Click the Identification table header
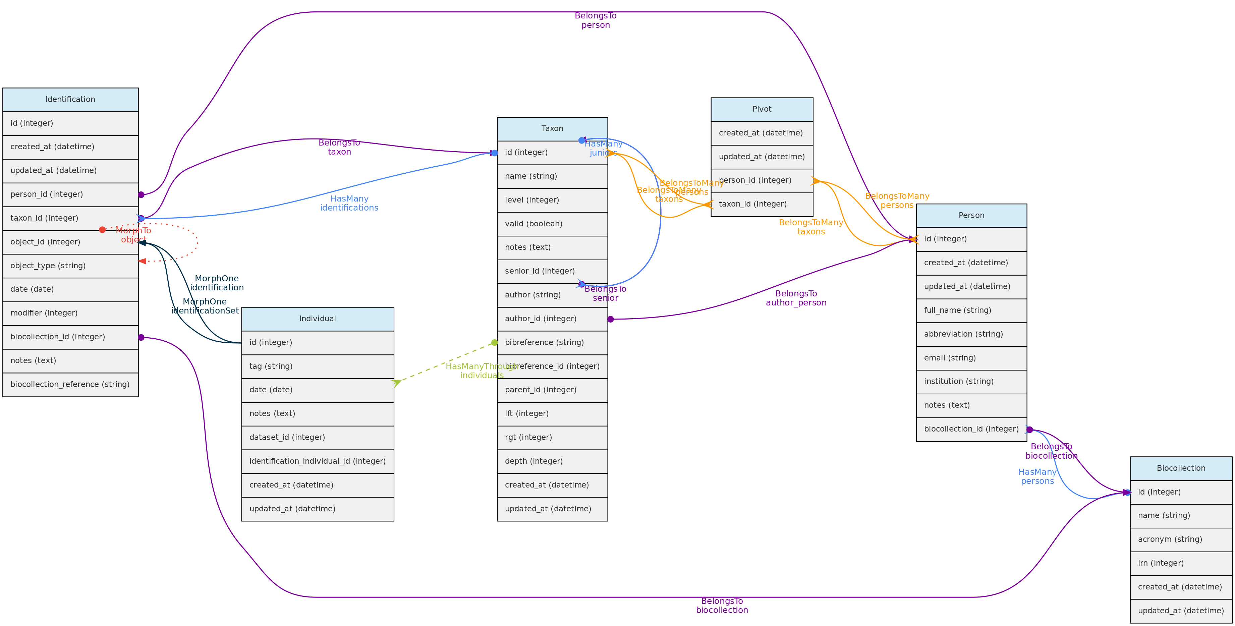70,99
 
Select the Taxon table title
552,128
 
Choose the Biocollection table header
1180,468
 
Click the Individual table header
317,319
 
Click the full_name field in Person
957,310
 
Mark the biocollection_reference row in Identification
70,385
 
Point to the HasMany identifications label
349,203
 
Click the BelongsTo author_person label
796,298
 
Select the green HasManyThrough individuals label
481,371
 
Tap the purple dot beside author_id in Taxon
610,319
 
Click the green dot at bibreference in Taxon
494,343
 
